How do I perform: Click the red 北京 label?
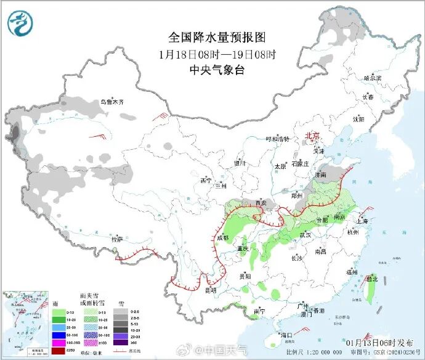(314, 136)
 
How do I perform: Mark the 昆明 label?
(211, 290)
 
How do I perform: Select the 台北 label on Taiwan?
(371, 279)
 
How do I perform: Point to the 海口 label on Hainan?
(285, 336)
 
